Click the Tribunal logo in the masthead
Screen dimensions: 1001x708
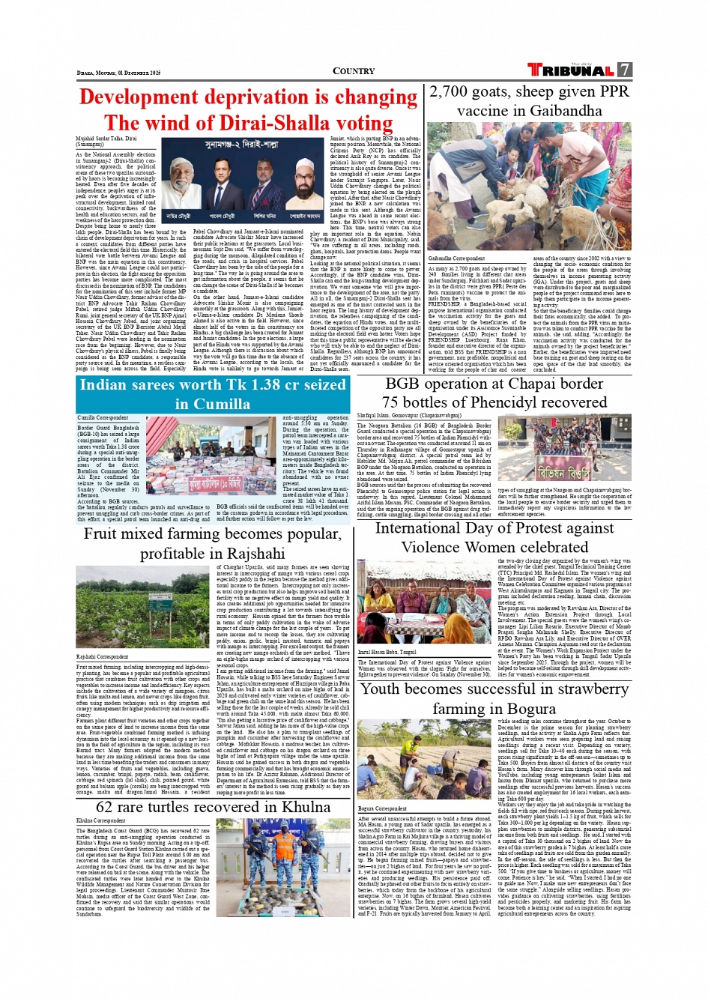[570, 70]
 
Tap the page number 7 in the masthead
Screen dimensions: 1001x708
[625, 70]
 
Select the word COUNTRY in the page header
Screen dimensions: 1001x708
[354, 71]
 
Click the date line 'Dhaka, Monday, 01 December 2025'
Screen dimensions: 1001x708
[118, 73]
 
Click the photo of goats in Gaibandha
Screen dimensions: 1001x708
[530, 187]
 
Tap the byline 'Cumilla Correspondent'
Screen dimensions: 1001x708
[103, 417]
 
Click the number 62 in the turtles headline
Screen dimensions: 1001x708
[104, 807]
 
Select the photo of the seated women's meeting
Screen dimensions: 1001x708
[424, 602]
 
